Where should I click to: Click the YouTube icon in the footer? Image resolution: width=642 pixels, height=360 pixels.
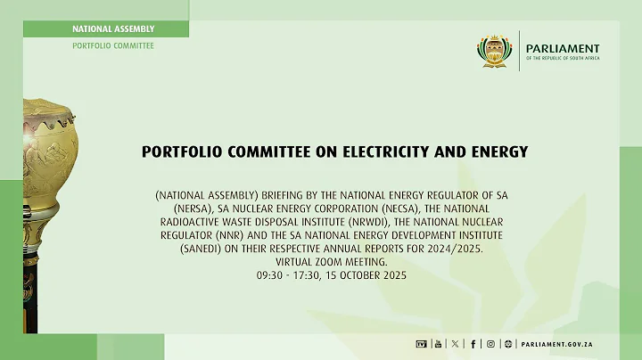click(438, 344)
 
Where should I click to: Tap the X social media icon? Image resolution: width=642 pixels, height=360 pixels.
click(456, 344)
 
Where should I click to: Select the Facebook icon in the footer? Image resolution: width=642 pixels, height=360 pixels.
click(473, 344)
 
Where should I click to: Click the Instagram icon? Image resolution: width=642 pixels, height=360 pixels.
click(490, 344)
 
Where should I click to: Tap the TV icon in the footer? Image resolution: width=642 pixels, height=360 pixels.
click(421, 344)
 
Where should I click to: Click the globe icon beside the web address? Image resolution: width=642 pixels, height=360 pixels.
click(508, 344)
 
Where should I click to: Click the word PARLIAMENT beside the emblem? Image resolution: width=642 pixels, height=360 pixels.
click(563, 48)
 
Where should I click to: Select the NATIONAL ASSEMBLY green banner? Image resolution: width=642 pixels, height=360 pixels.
click(112, 29)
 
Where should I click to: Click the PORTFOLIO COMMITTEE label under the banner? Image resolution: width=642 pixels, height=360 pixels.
click(112, 45)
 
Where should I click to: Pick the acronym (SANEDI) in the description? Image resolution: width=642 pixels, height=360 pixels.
click(181, 248)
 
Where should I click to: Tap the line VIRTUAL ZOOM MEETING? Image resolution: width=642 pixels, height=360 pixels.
click(321, 262)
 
